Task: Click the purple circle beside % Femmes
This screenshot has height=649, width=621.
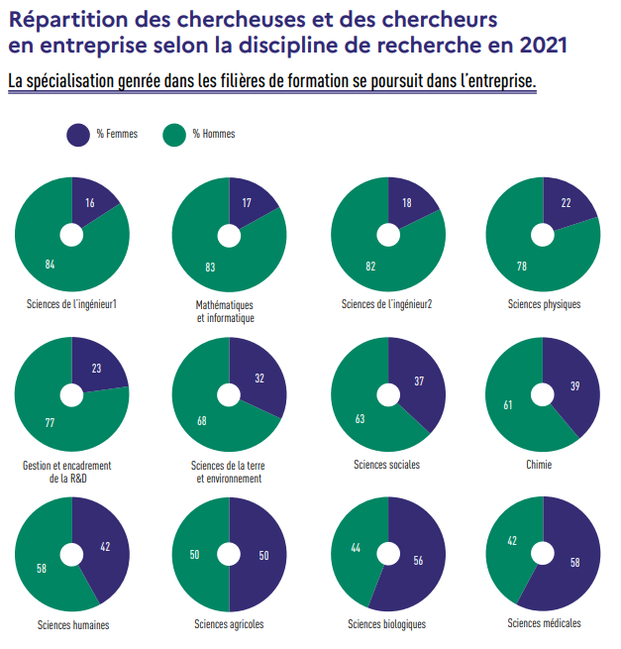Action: tap(78, 135)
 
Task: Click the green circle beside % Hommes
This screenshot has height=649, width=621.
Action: tap(174, 135)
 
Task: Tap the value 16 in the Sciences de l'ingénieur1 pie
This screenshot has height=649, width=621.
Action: tap(90, 203)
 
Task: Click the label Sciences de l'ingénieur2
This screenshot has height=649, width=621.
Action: tap(386, 304)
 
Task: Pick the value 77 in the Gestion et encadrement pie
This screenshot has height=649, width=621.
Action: tap(50, 423)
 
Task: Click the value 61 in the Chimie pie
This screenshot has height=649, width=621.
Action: tap(507, 404)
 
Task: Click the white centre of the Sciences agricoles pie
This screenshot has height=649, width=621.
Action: tap(229, 554)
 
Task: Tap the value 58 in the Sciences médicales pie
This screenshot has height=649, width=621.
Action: tap(575, 563)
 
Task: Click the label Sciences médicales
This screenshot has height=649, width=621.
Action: tap(544, 623)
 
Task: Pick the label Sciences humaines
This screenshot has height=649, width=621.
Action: tap(73, 624)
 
